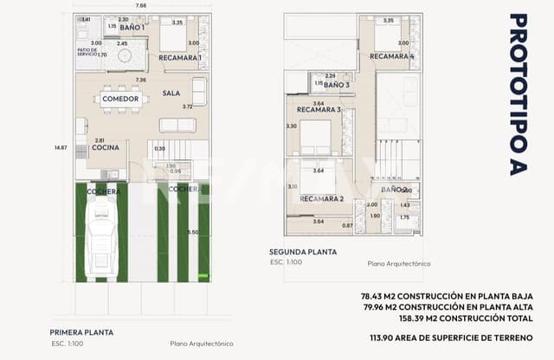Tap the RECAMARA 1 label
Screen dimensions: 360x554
pyautogui.click(x=180, y=58)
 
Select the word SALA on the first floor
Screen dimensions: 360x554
pyautogui.click(x=171, y=93)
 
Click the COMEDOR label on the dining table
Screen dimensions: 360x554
pyautogui.click(x=120, y=100)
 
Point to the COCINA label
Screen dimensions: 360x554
pyautogui.click(x=105, y=148)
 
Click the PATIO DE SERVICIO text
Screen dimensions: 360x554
pyautogui.click(x=87, y=51)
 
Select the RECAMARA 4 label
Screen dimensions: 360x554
pyautogui.click(x=392, y=56)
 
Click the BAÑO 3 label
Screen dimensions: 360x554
pyautogui.click(x=337, y=85)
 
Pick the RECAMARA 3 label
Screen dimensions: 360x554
pyautogui.click(x=319, y=110)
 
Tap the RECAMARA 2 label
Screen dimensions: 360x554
pyautogui.click(x=321, y=199)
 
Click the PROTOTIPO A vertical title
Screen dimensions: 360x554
pyautogui.click(x=518, y=93)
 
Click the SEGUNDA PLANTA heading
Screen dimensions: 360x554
pyautogui.click(x=303, y=253)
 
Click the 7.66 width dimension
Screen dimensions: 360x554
pyautogui.click(x=141, y=6)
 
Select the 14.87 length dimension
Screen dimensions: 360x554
pyautogui.click(x=59, y=147)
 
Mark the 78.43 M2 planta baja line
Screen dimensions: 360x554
pyautogui.click(x=447, y=296)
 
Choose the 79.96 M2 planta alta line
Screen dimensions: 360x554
pyautogui.click(x=447, y=306)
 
